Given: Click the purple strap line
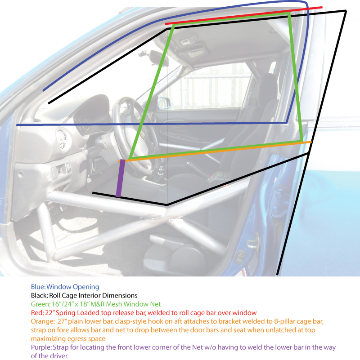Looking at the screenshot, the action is tap(121, 178).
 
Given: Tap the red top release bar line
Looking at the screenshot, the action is tap(244, 15).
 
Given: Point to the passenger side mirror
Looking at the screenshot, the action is tap(164, 103).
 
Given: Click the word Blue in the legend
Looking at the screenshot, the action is tap(38, 287).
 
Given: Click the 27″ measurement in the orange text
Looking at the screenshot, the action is tap(62, 321).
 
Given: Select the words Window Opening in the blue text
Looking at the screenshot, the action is tap(72, 287).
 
